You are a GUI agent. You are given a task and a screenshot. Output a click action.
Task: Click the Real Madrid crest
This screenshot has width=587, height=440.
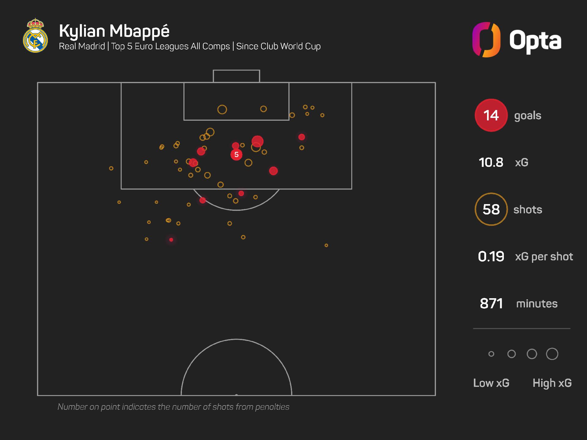[x=35, y=36]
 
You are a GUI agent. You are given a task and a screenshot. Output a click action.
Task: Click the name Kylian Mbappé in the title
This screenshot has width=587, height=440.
[x=114, y=31]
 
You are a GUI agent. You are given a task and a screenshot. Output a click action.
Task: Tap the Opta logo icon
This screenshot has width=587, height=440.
[x=486, y=40]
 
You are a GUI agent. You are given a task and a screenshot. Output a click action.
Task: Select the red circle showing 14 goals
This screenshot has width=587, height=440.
[x=491, y=116]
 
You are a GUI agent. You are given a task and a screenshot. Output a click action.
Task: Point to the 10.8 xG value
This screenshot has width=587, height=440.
[x=491, y=163]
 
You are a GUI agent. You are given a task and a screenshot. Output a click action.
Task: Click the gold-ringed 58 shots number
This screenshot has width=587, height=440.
[x=491, y=210]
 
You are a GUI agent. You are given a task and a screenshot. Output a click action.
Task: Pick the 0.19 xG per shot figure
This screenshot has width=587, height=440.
[x=491, y=257]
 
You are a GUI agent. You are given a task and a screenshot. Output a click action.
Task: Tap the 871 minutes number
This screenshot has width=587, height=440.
[x=491, y=304]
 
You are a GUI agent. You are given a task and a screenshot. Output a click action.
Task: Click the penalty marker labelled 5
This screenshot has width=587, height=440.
[x=236, y=155]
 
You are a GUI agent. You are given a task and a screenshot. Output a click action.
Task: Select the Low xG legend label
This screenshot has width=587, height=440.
[x=491, y=383]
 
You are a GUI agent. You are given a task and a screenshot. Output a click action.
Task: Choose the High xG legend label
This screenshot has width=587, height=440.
[x=552, y=383]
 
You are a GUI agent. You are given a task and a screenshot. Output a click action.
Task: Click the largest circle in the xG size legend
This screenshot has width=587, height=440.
[x=552, y=354]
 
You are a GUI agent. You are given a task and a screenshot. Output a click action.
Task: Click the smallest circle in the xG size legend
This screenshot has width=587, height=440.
[x=491, y=354]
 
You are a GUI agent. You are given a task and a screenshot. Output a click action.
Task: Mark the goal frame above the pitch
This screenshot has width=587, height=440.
[x=236, y=76]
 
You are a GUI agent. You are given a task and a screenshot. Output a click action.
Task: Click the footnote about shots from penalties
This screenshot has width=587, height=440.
[x=173, y=407]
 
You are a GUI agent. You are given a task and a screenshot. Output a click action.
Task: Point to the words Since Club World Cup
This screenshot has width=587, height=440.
[x=278, y=46]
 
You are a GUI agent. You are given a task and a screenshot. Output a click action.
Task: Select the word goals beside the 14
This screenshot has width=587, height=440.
[x=528, y=116]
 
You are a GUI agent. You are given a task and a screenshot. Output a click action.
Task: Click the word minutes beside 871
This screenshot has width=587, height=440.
[x=537, y=304]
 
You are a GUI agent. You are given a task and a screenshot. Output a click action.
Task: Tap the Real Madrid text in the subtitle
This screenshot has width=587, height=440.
[x=82, y=46]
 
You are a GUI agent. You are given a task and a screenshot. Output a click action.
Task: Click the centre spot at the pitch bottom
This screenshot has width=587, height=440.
[x=236, y=395]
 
